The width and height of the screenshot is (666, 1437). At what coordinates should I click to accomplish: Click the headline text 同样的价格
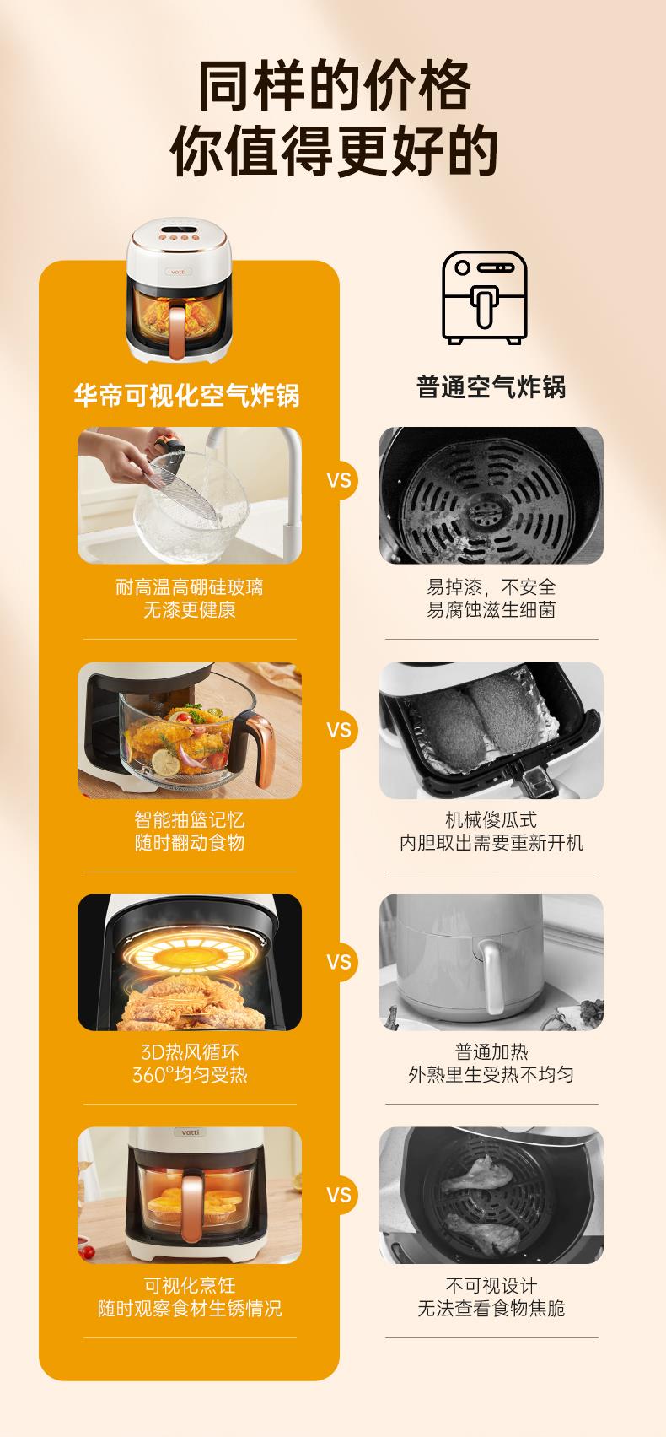(335, 85)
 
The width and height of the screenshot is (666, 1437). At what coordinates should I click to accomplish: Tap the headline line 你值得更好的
(334, 151)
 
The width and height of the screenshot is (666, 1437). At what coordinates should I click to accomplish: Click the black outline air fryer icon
(485, 297)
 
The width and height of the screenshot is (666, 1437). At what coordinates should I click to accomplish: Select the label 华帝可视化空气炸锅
(186, 395)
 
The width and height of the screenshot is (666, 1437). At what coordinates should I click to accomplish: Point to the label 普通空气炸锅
(491, 387)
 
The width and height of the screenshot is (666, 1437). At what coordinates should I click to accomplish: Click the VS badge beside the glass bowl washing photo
(339, 480)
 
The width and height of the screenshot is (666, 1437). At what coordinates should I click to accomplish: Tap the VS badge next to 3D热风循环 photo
(339, 962)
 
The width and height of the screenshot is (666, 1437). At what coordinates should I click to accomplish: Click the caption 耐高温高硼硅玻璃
(189, 587)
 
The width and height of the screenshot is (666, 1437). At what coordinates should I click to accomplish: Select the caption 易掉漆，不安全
(491, 587)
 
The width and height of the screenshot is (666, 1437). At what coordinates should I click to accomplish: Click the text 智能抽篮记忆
(189, 819)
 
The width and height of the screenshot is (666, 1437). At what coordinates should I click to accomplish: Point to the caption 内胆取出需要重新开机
(491, 842)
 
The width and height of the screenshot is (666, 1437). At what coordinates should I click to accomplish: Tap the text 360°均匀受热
(189, 1074)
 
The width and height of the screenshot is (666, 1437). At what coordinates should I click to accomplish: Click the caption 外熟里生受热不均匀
(491, 1074)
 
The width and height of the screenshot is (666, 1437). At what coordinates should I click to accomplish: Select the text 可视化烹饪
(189, 1285)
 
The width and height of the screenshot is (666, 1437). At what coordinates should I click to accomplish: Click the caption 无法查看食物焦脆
(491, 1308)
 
